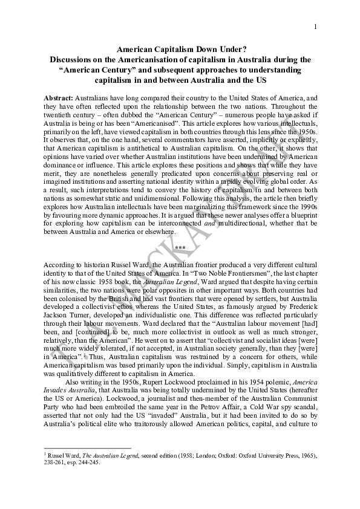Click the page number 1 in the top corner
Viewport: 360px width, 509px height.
click(315, 26)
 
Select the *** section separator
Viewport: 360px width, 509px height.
click(180, 248)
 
